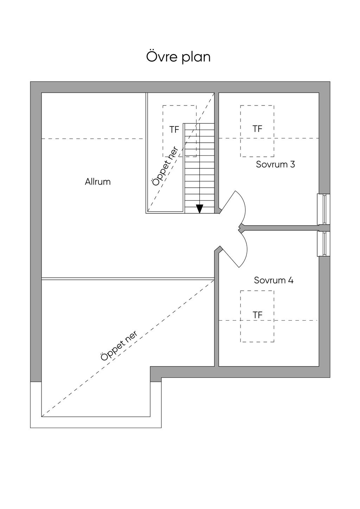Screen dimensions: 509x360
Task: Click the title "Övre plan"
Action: tap(178, 57)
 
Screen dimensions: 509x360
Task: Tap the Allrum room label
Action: tap(98, 182)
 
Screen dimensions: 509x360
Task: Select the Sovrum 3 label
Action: tap(275, 164)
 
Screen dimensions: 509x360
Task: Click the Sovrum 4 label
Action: tap(274, 280)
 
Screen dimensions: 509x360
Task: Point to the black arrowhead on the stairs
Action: tap(200, 208)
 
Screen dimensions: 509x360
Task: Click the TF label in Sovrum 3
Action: tap(257, 129)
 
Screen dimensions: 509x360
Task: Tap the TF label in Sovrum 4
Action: tap(257, 315)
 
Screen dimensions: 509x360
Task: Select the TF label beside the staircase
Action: tap(174, 130)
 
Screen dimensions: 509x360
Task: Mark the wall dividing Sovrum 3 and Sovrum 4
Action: tap(281, 228)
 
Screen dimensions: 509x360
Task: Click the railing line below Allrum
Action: tap(128, 279)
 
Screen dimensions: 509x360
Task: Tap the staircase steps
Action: tap(199, 169)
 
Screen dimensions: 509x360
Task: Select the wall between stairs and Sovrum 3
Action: tap(217, 151)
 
